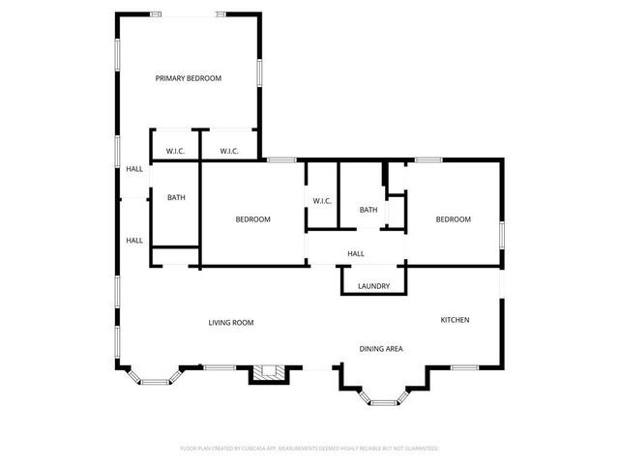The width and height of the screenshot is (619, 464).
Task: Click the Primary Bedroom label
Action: pyautogui.click(x=189, y=78)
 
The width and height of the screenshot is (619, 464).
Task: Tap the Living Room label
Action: pyautogui.click(x=231, y=323)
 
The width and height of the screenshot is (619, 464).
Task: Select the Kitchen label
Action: pyautogui.click(x=455, y=320)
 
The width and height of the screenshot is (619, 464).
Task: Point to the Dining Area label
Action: pyautogui.click(x=381, y=349)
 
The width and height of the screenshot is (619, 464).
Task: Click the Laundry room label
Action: pyautogui.click(x=373, y=286)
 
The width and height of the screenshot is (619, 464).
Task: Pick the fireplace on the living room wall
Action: pyautogui.click(x=269, y=373)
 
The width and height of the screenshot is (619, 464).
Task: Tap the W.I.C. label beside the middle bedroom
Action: pyautogui.click(x=322, y=201)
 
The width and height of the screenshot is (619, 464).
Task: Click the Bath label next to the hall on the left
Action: pyautogui.click(x=176, y=198)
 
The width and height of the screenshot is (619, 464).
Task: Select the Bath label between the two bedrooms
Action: pyautogui.click(x=368, y=210)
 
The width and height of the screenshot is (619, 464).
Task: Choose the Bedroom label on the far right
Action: pyautogui.click(x=453, y=219)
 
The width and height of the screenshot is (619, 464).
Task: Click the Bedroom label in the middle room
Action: pyautogui.click(x=253, y=219)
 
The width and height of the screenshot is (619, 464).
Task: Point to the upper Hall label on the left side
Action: pyautogui.click(x=134, y=169)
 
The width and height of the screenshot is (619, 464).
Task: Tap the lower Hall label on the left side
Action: pyautogui.click(x=134, y=241)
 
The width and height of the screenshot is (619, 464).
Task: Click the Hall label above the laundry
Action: pyautogui.click(x=356, y=254)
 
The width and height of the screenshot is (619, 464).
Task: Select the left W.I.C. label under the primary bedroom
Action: pyautogui.click(x=175, y=151)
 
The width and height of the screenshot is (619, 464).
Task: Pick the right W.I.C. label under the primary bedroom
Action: pyautogui.click(x=229, y=151)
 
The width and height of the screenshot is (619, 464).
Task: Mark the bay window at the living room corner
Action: pyautogui.click(x=153, y=380)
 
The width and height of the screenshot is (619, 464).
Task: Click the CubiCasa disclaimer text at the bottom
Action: pyautogui.click(x=309, y=449)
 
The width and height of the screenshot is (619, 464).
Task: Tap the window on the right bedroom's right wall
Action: pyautogui.click(x=501, y=235)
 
